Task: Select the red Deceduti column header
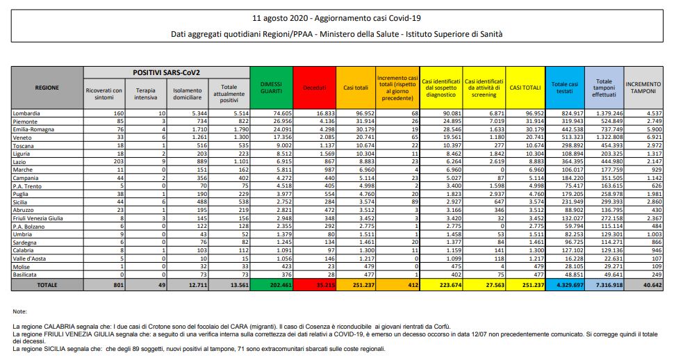(314, 88)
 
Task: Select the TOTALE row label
(47, 284)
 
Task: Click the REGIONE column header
(47, 88)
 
